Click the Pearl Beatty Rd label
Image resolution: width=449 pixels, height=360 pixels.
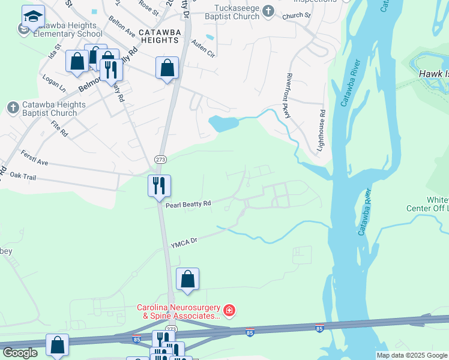click(188, 205)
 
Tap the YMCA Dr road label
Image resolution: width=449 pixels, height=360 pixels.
click(184, 242)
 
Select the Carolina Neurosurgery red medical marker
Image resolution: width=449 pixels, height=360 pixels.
click(229, 311)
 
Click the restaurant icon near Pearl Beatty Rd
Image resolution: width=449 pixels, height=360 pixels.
click(159, 185)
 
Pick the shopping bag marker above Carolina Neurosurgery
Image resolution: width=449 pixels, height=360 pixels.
click(187, 278)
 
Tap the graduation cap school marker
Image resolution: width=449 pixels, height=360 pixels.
click(33, 16)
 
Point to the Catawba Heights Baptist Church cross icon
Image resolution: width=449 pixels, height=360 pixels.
click(13, 108)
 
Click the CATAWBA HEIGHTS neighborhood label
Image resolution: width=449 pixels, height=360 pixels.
click(158, 35)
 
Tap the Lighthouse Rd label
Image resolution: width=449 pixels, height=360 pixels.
click(322, 128)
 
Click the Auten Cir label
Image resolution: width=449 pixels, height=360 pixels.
click(203, 48)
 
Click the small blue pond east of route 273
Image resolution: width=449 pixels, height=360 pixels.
click(222, 124)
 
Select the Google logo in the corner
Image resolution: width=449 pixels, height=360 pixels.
click(19, 353)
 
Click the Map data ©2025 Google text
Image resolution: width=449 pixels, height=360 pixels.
click(411, 355)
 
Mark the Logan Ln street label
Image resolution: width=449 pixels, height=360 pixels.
click(55, 83)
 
